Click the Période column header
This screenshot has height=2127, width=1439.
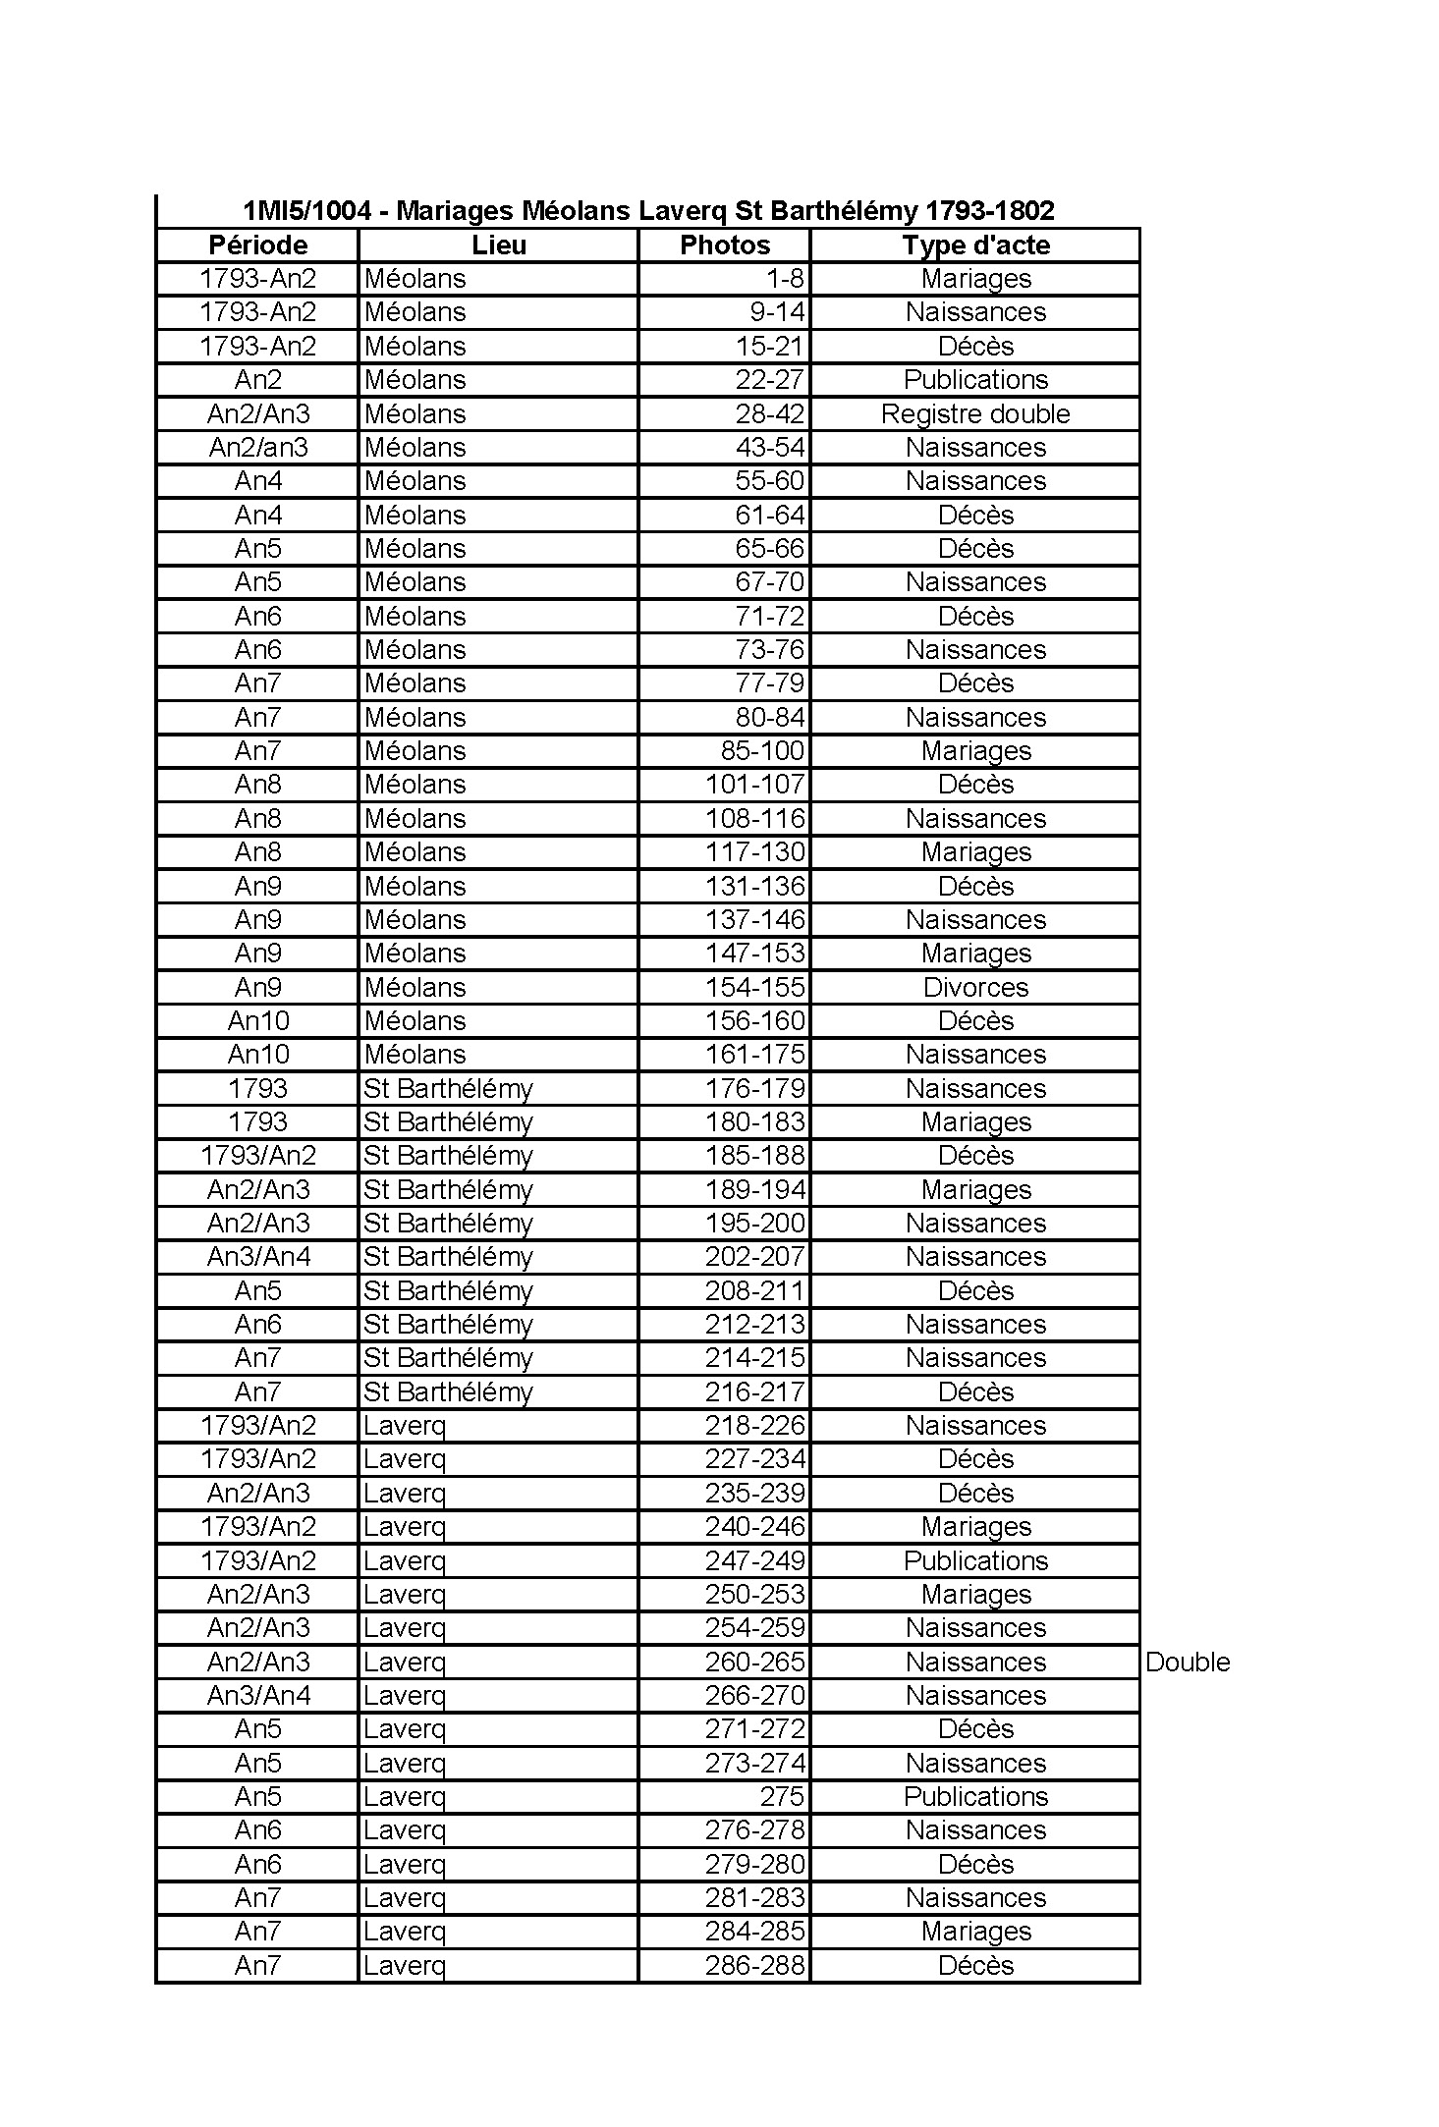click(x=258, y=245)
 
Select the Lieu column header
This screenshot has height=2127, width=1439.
click(x=498, y=245)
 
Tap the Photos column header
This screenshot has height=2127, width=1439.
click(x=725, y=245)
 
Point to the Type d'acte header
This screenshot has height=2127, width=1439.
click(x=975, y=245)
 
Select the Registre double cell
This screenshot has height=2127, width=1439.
click(x=975, y=414)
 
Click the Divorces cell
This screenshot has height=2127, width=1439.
click(x=975, y=987)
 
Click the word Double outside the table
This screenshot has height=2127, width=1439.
click(x=1188, y=1662)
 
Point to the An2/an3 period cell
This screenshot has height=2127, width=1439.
click(x=258, y=448)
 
